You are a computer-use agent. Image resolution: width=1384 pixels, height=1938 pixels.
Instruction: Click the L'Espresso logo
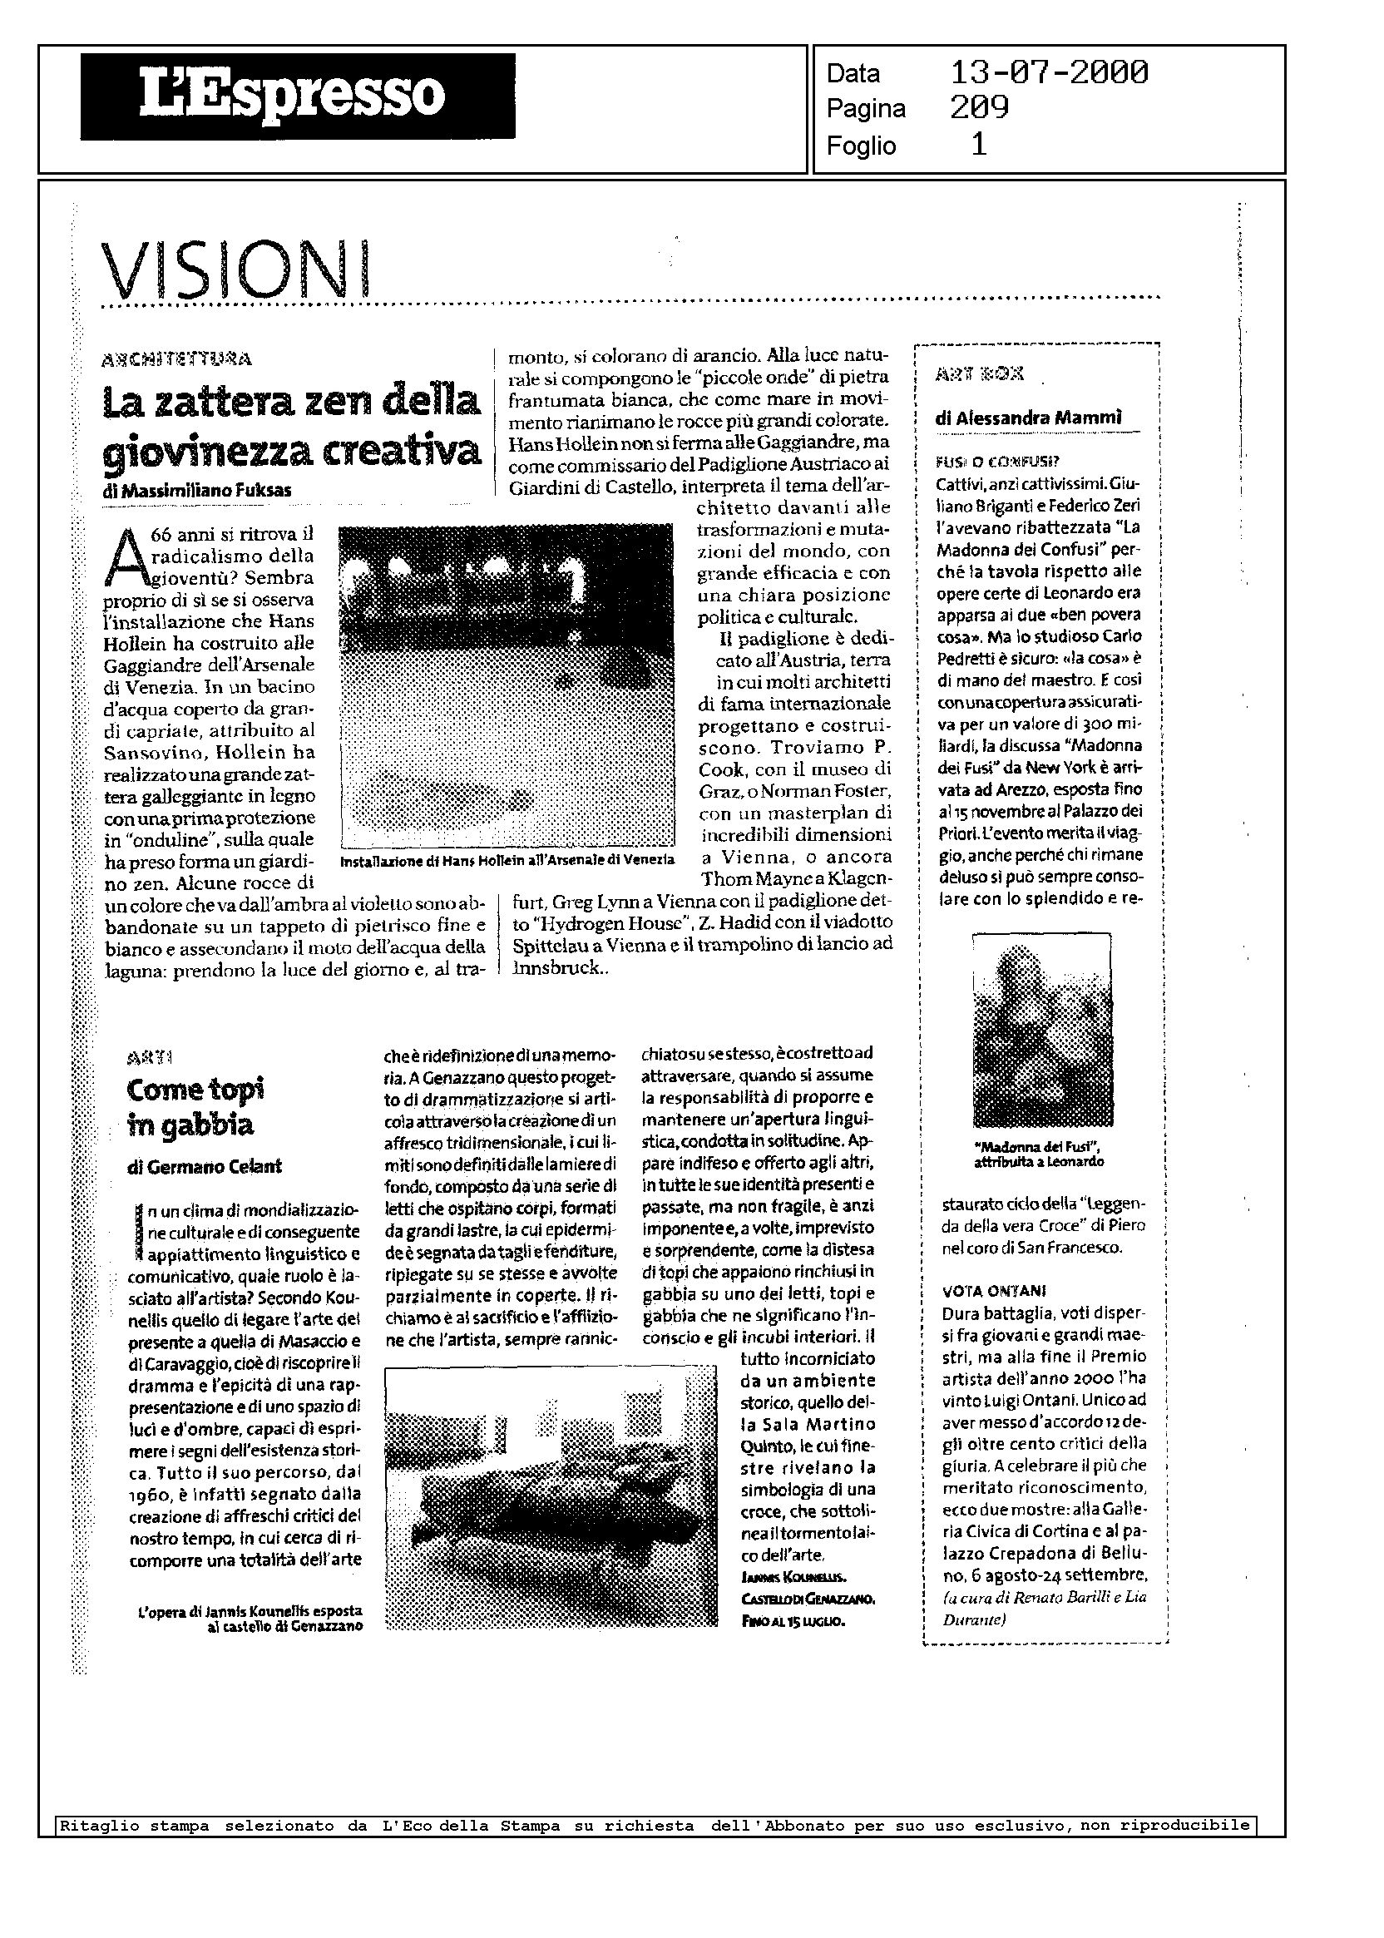[x=298, y=96]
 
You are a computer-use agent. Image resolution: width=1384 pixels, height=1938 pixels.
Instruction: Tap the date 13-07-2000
[x=1048, y=72]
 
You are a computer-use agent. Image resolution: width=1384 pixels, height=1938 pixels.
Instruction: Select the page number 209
[x=979, y=108]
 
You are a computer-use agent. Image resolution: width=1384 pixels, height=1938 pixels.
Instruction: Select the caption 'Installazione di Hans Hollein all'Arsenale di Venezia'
[x=507, y=862]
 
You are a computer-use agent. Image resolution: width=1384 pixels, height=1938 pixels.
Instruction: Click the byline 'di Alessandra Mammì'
[x=1029, y=418]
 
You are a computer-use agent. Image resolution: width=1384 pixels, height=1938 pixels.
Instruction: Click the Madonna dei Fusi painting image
[x=1041, y=1031]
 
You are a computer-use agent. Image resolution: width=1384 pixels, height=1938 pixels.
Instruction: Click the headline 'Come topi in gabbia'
[x=195, y=1107]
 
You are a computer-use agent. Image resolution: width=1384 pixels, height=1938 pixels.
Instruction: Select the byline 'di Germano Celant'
[x=205, y=1167]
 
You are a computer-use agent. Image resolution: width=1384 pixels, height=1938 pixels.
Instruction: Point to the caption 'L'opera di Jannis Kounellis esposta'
[x=250, y=1612]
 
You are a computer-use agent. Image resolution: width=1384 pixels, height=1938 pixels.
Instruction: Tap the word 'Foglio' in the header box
[x=861, y=146]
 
